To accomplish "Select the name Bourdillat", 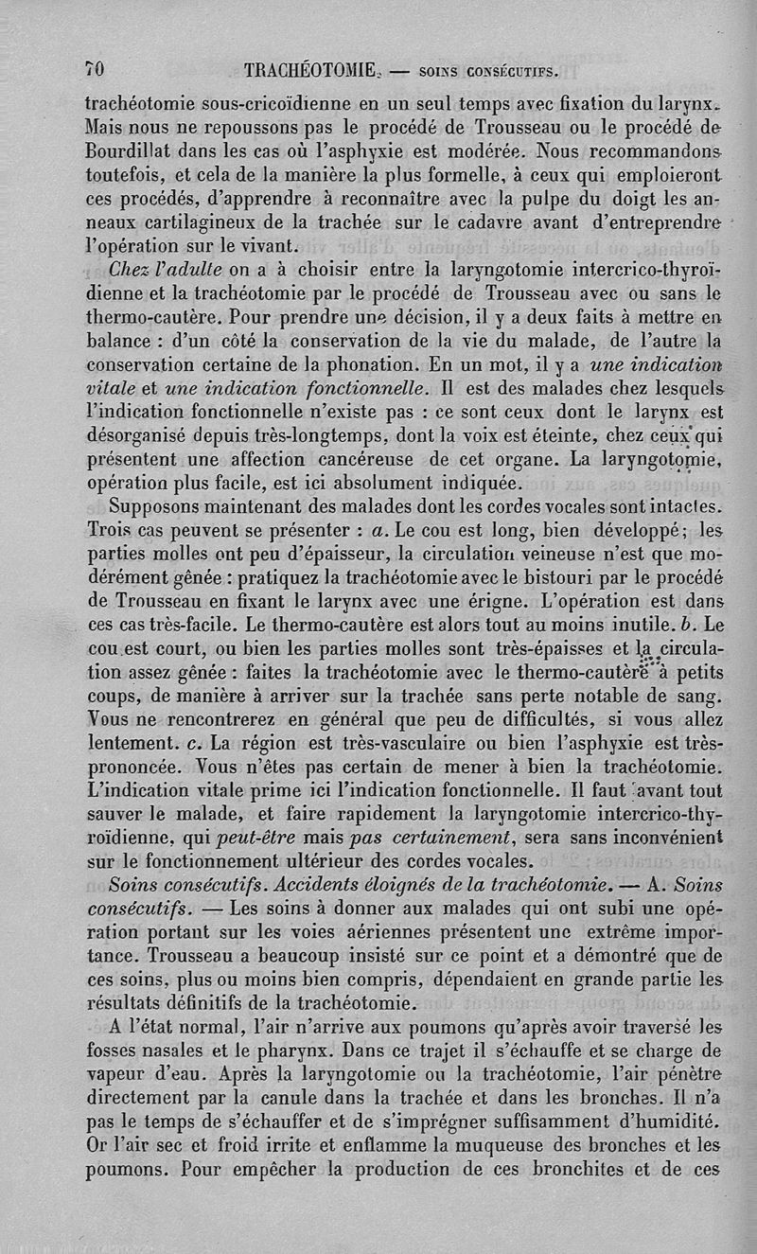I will [132, 150].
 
